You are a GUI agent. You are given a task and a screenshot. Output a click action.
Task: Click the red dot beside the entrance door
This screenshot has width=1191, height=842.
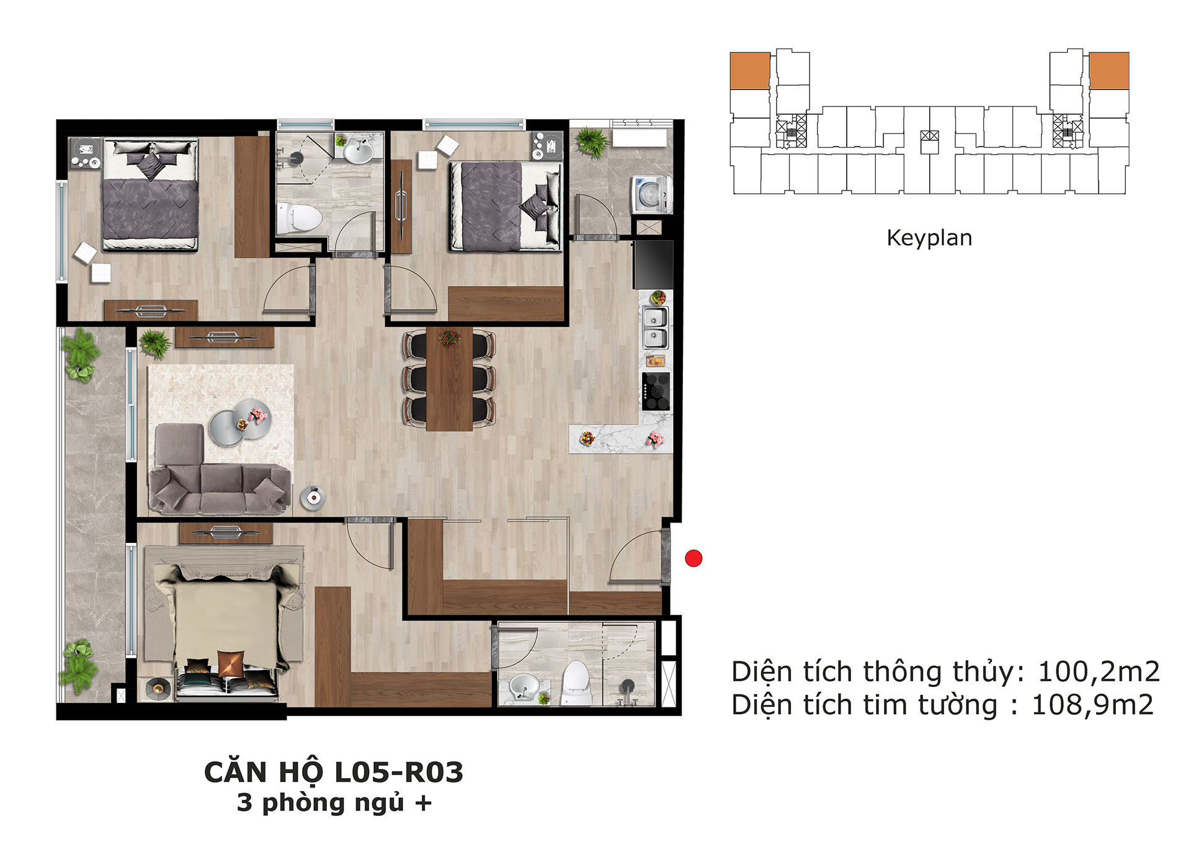(x=694, y=558)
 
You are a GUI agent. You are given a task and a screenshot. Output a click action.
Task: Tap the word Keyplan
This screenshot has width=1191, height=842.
(x=929, y=238)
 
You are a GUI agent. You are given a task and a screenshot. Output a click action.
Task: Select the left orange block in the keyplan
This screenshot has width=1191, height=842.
(x=750, y=71)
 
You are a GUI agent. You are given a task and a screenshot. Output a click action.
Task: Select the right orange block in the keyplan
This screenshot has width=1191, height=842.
(x=1109, y=71)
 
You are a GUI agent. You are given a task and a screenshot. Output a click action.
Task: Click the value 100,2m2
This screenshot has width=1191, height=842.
(x=1099, y=671)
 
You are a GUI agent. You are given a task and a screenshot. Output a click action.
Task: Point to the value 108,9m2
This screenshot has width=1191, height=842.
(x=1092, y=705)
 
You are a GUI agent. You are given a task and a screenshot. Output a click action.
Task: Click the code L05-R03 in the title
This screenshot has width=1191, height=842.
(x=399, y=773)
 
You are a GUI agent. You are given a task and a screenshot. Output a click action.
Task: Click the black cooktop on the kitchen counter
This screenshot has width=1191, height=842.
(x=656, y=391)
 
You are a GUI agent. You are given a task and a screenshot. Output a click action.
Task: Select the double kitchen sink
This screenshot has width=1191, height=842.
(x=655, y=328)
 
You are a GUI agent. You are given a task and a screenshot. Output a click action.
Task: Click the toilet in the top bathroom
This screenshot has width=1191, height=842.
(x=299, y=218)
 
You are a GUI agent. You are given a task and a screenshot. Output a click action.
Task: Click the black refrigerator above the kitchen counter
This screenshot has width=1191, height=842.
(x=653, y=264)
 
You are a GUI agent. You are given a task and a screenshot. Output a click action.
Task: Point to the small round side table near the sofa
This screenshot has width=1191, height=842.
(x=313, y=498)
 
